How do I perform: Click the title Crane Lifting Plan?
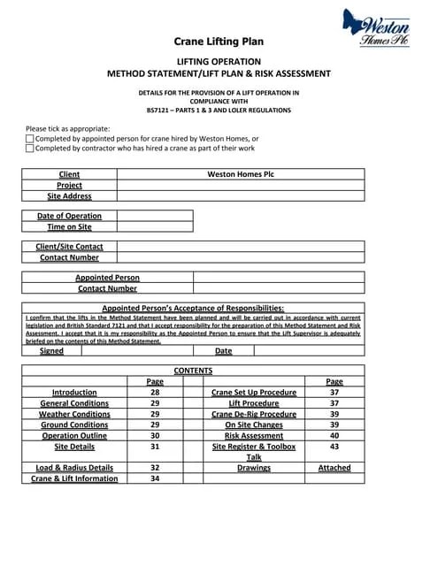(x=219, y=42)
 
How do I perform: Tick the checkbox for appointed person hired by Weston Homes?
(x=30, y=139)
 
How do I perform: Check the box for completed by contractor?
(x=30, y=149)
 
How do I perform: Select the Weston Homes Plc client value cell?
(x=241, y=174)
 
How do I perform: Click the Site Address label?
(x=69, y=196)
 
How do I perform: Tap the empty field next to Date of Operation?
(x=154, y=216)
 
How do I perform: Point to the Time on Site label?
(x=69, y=227)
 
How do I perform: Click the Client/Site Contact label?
(x=69, y=247)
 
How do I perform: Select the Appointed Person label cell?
(x=107, y=278)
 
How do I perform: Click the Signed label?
(x=51, y=351)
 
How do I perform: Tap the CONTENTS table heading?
(x=193, y=371)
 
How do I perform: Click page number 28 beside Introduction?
(x=155, y=392)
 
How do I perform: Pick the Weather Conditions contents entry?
(x=74, y=414)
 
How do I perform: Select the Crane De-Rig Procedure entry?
(x=254, y=414)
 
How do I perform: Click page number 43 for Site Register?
(x=334, y=447)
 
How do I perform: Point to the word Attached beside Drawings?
(x=334, y=468)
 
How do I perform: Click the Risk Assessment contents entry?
(x=254, y=436)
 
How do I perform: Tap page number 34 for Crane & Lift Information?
(x=155, y=478)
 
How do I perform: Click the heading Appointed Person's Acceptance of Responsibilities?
(x=193, y=308)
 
